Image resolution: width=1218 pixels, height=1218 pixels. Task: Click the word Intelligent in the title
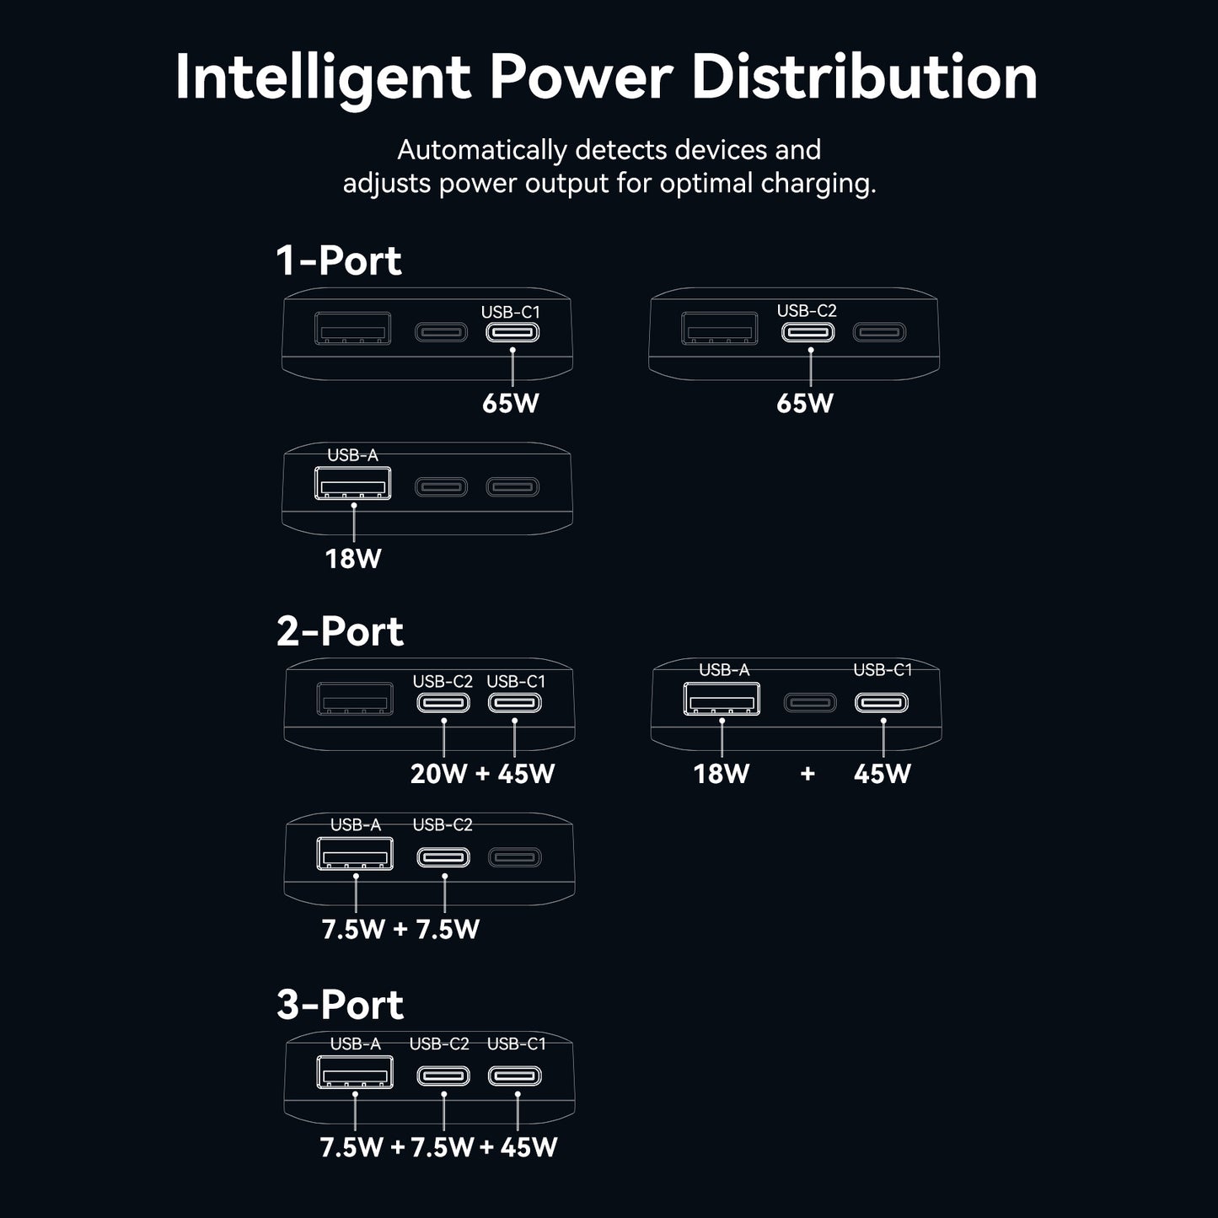coord(323,78)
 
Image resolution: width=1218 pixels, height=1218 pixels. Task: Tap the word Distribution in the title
coord(865,77)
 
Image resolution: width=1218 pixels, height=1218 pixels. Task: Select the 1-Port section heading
coord(339,260)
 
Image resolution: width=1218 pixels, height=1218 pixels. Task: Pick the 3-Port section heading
coord(340,1004)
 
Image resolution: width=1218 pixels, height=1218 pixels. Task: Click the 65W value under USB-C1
coord(510,403)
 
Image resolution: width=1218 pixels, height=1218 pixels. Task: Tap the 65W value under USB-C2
coord(805,403)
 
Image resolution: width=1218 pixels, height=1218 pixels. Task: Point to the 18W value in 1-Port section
coord(353,559)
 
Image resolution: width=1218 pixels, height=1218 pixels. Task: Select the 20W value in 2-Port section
coord(438,774)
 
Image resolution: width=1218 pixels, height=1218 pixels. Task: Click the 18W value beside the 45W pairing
coord(722,774)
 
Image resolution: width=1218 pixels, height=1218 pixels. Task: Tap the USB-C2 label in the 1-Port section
coord(807,311)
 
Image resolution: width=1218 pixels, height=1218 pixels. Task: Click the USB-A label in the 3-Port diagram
coord(355,1044)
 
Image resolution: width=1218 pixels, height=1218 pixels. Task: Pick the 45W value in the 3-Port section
coord(529,1147)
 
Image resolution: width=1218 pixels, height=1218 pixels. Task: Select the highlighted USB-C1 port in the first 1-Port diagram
coord(512,332)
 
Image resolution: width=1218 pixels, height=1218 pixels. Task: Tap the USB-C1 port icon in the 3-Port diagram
coord(514,1076)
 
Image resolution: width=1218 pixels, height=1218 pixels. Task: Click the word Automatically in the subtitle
coord(482,150)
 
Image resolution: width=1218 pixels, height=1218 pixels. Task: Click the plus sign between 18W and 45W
coord(808,774)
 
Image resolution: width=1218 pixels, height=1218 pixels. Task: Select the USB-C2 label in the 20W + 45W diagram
coord(443,681)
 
